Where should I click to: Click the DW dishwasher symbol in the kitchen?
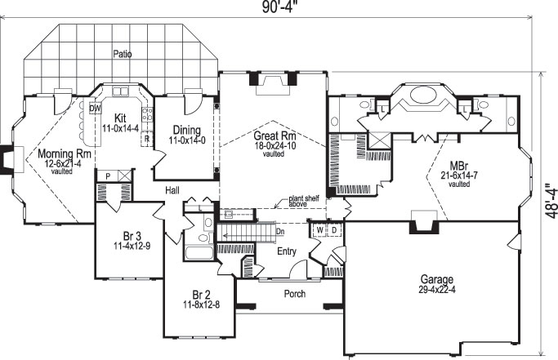pyautogui.click(x=95, y=107)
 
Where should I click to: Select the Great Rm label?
pyautogui.click(x=273, y=136)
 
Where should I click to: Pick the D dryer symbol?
pyautogui.click(x=334, y=230)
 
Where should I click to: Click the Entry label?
pyautogui.click(x=286, y=251)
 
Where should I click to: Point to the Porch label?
pyautogui.click(x=294, y=294)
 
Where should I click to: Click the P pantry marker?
pyautogui.click(x=106, y=176)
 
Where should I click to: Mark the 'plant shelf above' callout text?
pyautogui.click(x=305, y=202)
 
